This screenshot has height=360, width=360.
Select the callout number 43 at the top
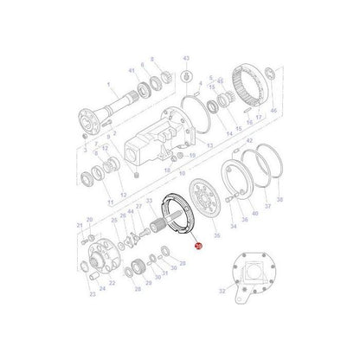click(x=184, y=57)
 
